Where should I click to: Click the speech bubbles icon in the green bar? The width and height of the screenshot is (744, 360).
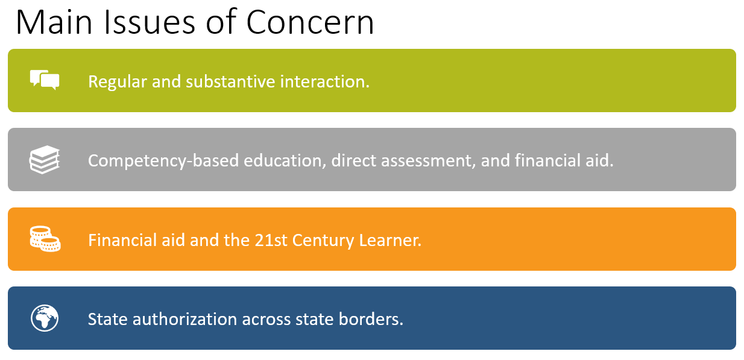coord(45,80)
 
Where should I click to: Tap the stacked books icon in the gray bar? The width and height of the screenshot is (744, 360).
coord(45,160)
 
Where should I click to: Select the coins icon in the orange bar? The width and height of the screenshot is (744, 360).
coord(45,239)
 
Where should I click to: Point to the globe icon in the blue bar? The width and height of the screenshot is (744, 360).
coord(45,318)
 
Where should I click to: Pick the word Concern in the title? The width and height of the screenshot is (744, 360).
coord(310,23)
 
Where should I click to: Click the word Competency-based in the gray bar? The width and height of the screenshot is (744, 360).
coord(164,161)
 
